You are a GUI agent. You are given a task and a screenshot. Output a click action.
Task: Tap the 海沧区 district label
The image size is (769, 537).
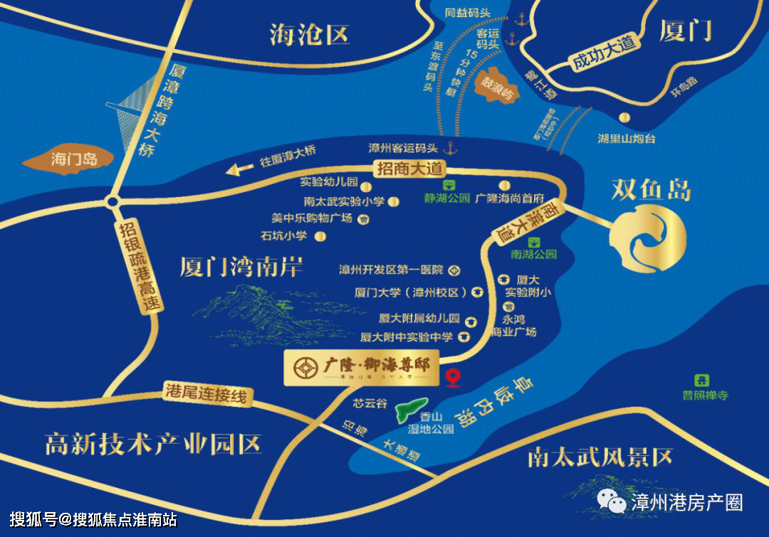[310, 35]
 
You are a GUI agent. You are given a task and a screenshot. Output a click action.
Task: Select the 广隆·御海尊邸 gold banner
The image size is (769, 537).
[362, 368]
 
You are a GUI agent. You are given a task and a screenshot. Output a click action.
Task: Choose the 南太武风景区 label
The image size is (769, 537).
[600, 457]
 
